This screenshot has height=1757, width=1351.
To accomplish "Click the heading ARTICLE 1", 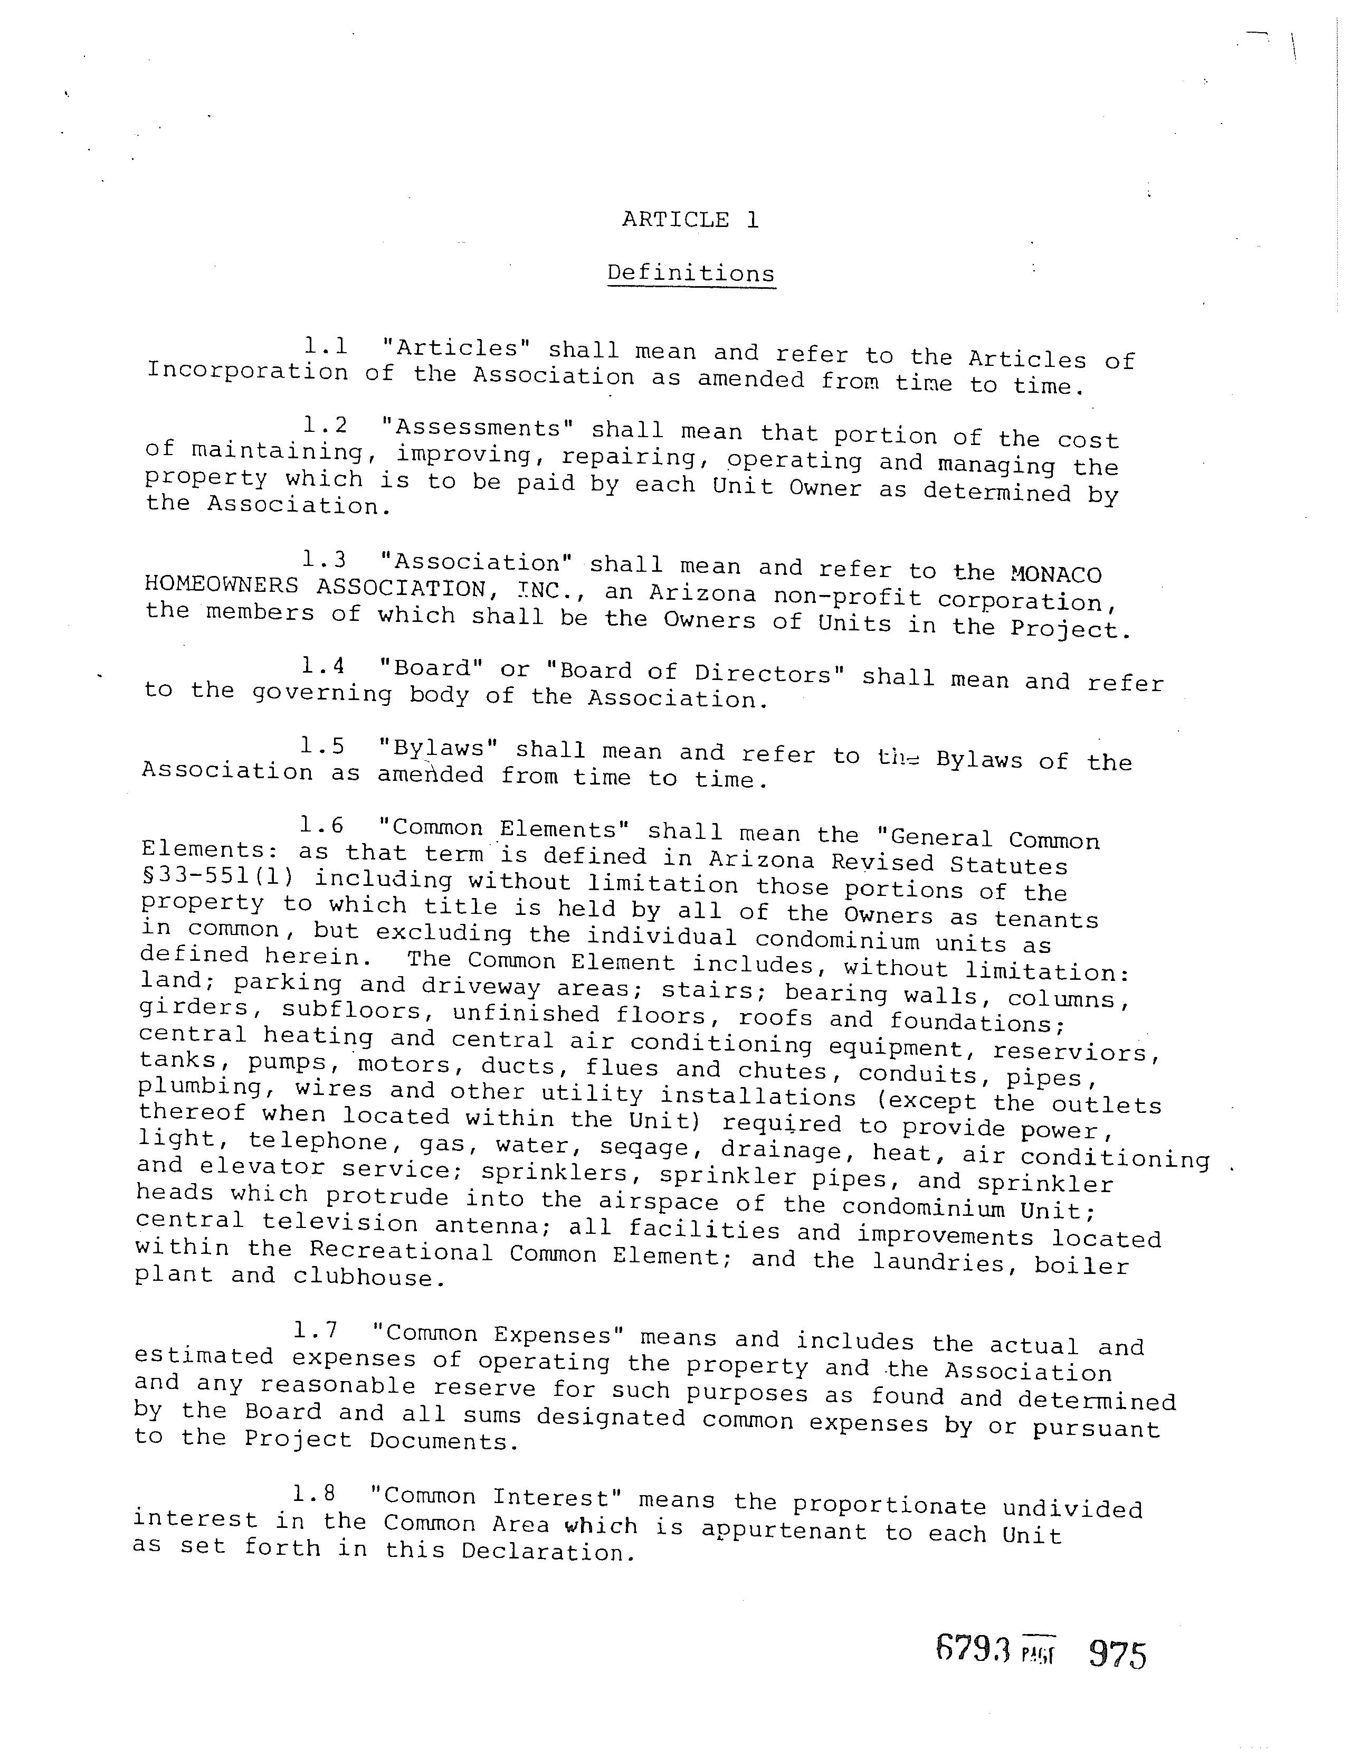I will point(690,220).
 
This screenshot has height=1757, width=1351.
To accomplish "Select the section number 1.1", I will point(326,347).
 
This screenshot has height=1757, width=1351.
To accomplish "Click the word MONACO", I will point(1054,574).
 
